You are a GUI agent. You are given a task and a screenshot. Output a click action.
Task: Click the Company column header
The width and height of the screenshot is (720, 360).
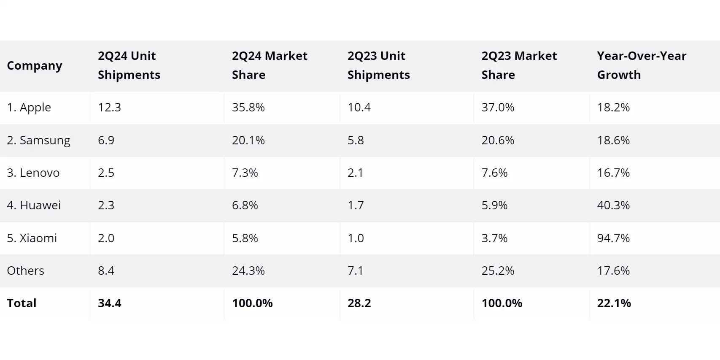pyautogui.click(x=35, y=66)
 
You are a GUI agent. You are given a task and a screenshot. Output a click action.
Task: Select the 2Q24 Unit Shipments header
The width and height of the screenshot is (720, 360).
pyautogui.click(x=129, y=65)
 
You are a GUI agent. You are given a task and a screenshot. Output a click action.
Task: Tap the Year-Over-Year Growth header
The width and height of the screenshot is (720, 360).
pyautogui.click(x=642, y=65)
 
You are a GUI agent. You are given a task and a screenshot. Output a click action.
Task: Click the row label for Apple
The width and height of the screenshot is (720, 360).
pyautogui.click(x=29, y=108)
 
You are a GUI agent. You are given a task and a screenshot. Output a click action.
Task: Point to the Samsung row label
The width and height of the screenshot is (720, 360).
pyautogui.click(x=38, y=140)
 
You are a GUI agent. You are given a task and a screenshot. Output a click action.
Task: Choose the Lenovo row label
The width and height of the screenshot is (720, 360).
pyautogui.click(x=33, y=173)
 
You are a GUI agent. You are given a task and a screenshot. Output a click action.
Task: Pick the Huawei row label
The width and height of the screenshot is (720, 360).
pyautogui.click(x=34, y=205)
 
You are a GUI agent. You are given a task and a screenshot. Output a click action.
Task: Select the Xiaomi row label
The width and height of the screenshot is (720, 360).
pyautogui.click(x=32, y=238)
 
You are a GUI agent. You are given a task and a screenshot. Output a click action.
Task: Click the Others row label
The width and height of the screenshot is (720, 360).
pyautogui.click(x=25, y=271)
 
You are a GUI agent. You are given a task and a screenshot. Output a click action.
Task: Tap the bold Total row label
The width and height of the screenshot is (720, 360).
pyautogui.click(x=22, y=303)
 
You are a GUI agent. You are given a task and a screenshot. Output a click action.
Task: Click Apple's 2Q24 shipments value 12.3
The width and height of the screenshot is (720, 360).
pyautogui.click(x=109, y=107)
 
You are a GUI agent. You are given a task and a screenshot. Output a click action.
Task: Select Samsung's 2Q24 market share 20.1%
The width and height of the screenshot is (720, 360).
pyautogui.click(x=248, y=140)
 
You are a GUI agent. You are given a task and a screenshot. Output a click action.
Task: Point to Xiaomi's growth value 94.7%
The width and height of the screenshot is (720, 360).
pyautogui.click(x=613, y=238)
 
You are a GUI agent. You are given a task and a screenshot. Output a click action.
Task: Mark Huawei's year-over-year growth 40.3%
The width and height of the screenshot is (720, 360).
pyautogui.click(x=613, y=205)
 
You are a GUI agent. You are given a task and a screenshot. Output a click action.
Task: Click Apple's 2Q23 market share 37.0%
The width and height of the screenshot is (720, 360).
pyautogui.click(x=498, y=107)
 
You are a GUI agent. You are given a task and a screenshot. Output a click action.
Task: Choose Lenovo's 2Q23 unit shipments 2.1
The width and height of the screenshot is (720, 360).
pyautogui.click(x=355, y=173)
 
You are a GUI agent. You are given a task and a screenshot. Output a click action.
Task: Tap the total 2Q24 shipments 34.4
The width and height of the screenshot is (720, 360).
pyautogui.click(x=109, y=303)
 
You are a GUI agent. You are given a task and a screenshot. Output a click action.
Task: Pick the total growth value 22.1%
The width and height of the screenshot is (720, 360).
pyautogui.click(x=614, y=303)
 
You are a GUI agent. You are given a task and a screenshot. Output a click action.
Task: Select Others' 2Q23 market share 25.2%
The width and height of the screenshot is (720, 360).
pyautogui.click(x=498, y=271)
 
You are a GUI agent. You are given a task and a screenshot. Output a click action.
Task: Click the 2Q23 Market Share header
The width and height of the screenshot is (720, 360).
pyautogui.click(x=519, y=65)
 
